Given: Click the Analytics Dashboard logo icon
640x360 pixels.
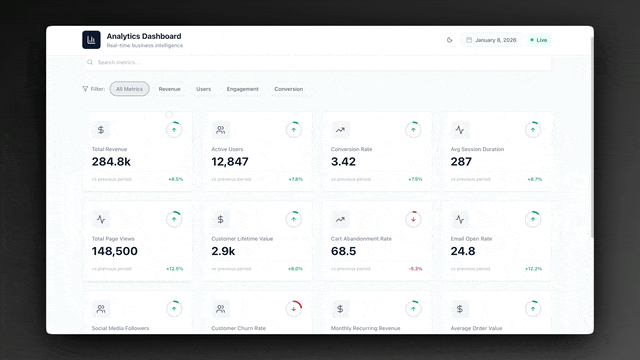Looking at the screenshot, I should coord(92,40).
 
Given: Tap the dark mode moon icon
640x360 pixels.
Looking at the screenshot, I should coord(450,40).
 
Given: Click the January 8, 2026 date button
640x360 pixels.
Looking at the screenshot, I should coord(490,40).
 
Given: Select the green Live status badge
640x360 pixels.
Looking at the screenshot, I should coord(539,40).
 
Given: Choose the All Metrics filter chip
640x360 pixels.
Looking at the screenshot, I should coord(129,89).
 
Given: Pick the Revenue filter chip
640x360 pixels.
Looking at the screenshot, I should coord(169,89).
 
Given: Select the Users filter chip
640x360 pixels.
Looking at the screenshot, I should coord(203,89).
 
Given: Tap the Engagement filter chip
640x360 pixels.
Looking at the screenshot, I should coord(242,89).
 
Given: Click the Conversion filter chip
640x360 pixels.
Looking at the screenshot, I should coord(288,89).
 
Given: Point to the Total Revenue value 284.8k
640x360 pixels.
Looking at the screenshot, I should coord(111,161).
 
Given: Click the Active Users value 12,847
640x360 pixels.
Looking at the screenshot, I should coord(230,161).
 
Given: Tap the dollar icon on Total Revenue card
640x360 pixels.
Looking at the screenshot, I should coord(101,130).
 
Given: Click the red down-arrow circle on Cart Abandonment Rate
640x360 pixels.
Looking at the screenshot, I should coord(414,219).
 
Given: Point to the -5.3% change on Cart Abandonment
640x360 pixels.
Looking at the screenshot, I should coord(415,268).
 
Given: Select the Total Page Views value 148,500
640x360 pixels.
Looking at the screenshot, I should coord(115,251).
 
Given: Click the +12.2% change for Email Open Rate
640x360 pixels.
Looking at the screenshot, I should coord(533,268).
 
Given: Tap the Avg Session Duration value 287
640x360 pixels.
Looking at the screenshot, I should coord(461,161).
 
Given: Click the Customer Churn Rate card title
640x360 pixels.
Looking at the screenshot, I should coord(238,328).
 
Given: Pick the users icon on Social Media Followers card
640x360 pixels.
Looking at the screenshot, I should coord(101,309).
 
